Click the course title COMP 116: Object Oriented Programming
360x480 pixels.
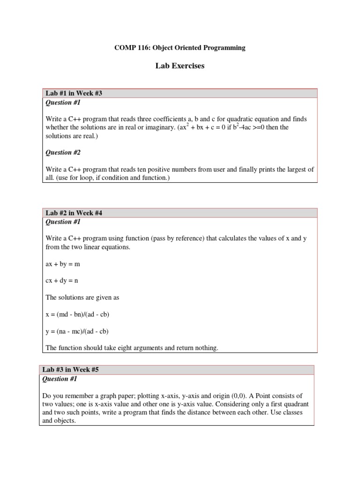tap(180, 48)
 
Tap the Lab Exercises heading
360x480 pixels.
tap(180, 66)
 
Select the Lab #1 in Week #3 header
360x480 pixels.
tap(74, 93)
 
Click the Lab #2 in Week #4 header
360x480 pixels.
tap(74, 213)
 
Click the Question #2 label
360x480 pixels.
tap(63, 152)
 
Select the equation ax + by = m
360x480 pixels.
tap(63, 264)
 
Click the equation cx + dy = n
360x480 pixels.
tap(62, 281)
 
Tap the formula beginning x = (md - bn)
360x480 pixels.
tap(77, 314)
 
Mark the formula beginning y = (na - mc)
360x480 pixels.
tap(77, 331)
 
